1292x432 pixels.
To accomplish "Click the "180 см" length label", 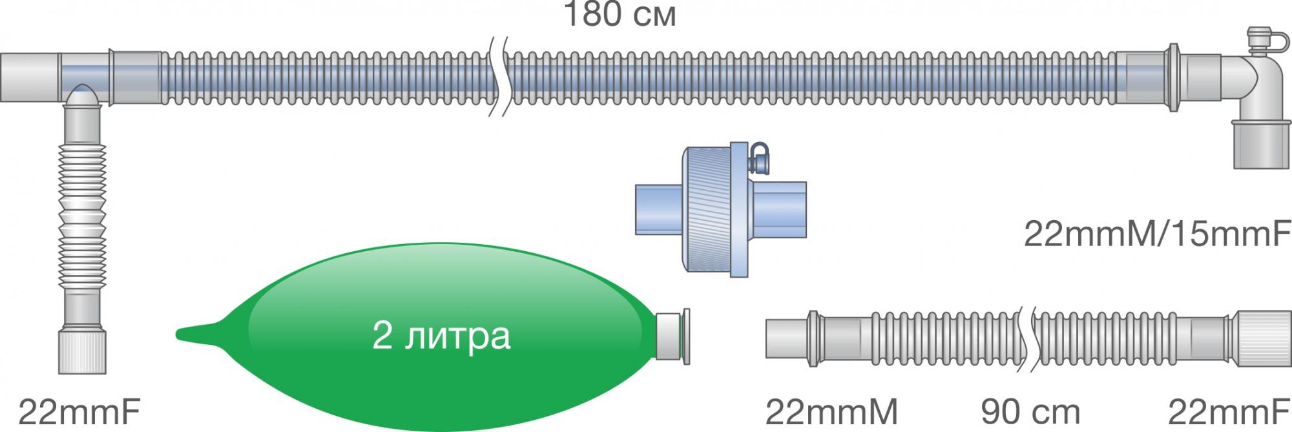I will click(620, 14).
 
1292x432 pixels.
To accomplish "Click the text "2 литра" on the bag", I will click(441, 336).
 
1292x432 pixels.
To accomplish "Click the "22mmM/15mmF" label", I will click(1156, 234).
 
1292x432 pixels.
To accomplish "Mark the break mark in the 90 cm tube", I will click(1026, 340).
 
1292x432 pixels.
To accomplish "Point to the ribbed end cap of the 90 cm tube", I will click(1260, 338).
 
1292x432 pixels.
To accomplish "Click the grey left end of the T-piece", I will click(29, 77).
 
